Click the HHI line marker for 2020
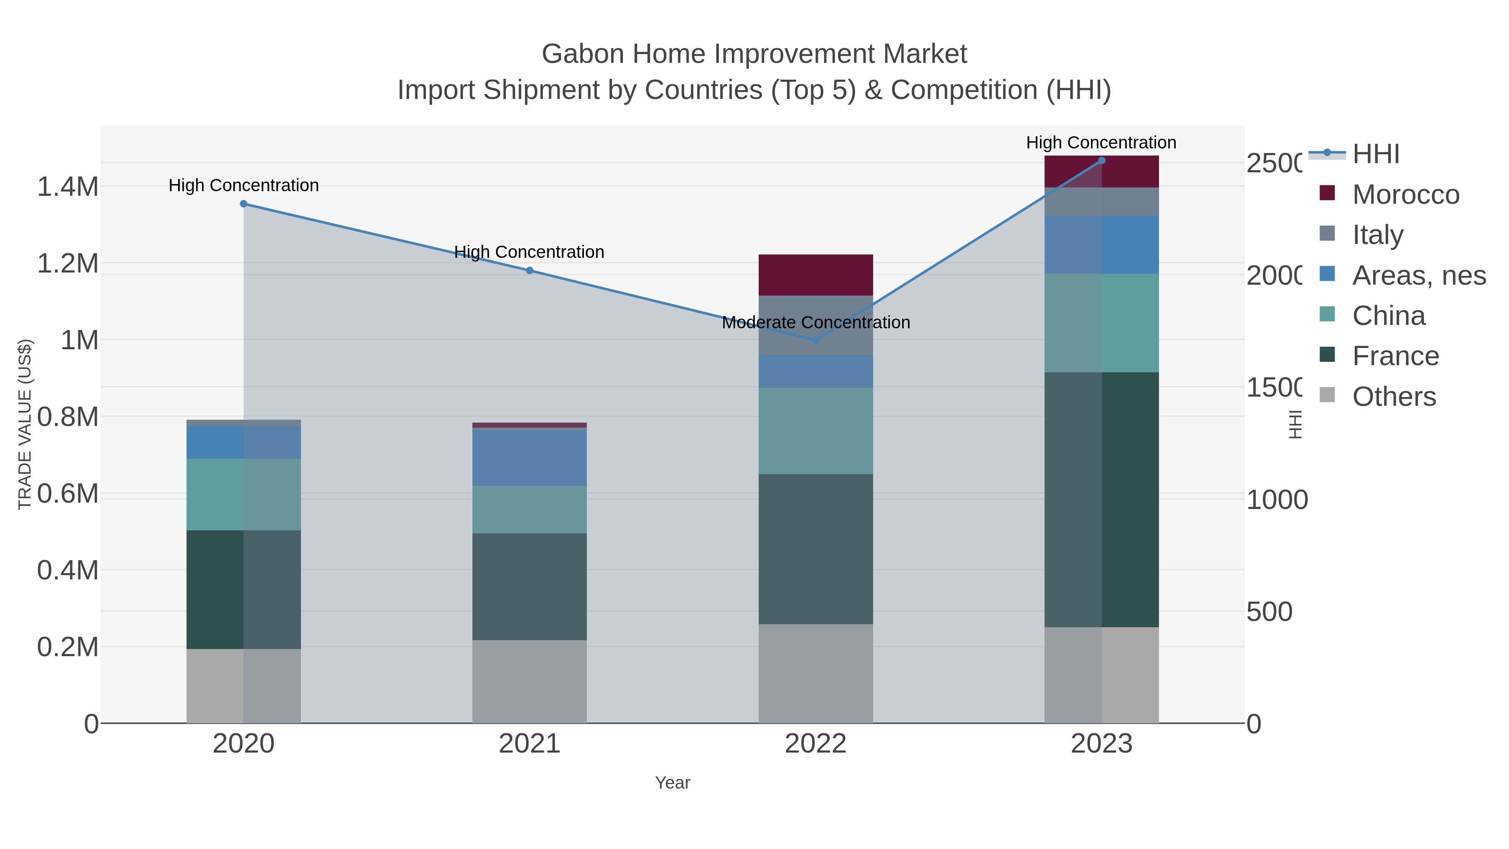[x=244, y=204]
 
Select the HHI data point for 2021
[x=529, y=271]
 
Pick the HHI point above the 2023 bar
[x=1101, y=161]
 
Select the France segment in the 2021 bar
[x=529, y=586]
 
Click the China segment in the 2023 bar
[x=1101, y=323]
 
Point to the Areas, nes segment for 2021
[x=529, y=457]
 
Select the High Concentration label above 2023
[x=1101, y=143]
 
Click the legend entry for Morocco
[x=1406, y=195]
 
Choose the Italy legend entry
[x=1378, y=234]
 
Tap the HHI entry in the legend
[x=1375, y=154]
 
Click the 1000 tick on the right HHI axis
[x=1276, y=500]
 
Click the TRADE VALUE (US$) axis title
[x=25, y=424]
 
